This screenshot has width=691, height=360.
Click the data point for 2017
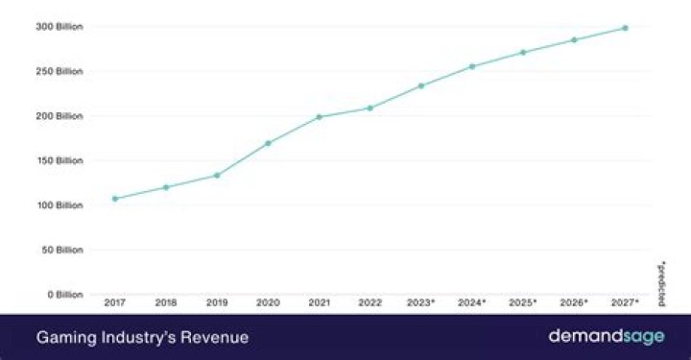115,199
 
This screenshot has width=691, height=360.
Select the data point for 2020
268,143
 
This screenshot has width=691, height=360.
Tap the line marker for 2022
369,108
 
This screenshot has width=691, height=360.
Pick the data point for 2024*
471,66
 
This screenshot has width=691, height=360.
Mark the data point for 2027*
625,28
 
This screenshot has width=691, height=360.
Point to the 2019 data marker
217,175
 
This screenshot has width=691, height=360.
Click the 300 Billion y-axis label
60,27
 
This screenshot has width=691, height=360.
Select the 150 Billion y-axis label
60,160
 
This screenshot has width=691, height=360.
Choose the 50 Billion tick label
61,250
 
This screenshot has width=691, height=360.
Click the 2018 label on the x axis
166,302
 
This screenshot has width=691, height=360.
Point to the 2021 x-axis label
319,302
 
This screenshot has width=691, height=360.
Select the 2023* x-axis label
421,302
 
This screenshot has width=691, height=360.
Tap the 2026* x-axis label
574,302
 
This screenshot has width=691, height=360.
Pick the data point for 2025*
523,52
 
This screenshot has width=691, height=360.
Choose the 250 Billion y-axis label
60,71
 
